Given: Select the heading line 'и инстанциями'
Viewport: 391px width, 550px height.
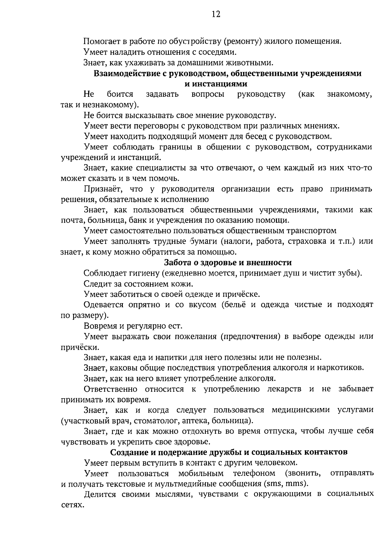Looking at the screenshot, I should click(216, 84).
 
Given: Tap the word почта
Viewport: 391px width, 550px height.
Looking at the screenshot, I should click(71, 220).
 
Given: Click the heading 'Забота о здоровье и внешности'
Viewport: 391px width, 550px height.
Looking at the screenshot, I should click(228, 262).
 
